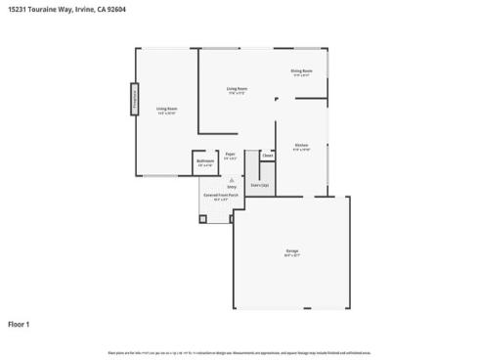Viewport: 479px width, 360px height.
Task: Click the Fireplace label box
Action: click(133, 101)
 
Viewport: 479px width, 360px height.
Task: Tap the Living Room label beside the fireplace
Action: click(166, 110)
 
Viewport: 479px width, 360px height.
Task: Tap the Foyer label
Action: click(231, 154)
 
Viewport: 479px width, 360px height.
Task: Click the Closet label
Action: click(267, 155)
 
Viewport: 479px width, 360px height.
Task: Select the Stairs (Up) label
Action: click(260, 184)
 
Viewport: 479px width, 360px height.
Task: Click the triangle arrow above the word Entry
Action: click(232, 180)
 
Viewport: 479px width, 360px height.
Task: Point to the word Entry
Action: click(232, 186)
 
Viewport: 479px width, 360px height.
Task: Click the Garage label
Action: click(291, 251)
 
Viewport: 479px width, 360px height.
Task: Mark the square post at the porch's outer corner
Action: click(203, 218)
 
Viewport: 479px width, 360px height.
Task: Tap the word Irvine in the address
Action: click(82, 9)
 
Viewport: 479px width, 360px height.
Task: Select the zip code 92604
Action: click(115, 9)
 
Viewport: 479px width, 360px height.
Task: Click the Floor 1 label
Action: click(20, 324)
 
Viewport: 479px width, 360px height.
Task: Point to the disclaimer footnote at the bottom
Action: click(239, 351)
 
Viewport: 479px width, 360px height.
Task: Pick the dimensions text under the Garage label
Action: click(291, 256)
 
